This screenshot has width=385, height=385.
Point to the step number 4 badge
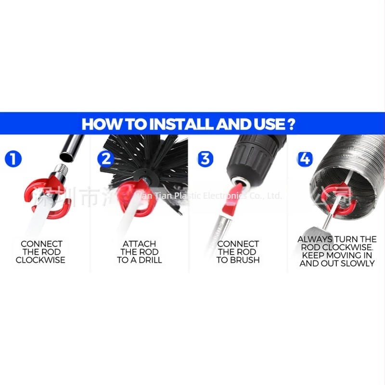pyautogui.click(x=305, y=158)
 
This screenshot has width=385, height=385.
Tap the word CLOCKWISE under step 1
pyautogui.click(x=40, y=260)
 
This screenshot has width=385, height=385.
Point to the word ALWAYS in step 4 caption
pyautogui.click(x=314, y=239)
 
